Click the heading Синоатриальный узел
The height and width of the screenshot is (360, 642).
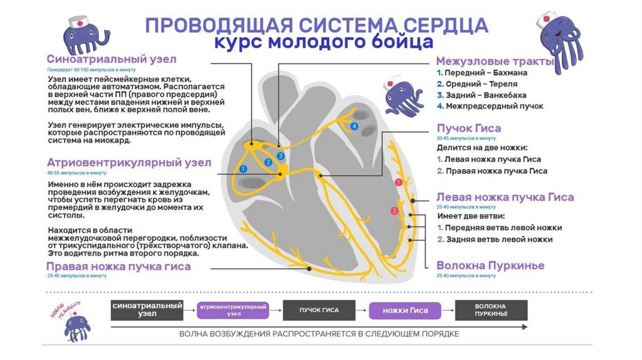111,59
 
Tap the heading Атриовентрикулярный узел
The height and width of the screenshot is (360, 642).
129,162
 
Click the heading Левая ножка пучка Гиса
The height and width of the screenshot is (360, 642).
505,197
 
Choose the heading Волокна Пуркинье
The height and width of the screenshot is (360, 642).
490,265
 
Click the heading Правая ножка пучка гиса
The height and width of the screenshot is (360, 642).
118,267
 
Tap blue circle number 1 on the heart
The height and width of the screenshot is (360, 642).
244,168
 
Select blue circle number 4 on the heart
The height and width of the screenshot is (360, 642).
354,126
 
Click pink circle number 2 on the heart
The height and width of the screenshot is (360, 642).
394,211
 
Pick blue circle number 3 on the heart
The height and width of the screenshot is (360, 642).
280,156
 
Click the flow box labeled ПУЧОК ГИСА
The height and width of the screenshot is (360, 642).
319,310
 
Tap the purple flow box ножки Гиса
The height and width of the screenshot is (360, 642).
405,310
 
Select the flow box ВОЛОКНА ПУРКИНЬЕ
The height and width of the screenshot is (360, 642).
491,310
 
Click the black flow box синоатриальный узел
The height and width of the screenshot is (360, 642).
147,309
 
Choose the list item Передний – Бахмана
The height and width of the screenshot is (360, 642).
481,73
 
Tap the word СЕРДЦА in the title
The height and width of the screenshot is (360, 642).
445,25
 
